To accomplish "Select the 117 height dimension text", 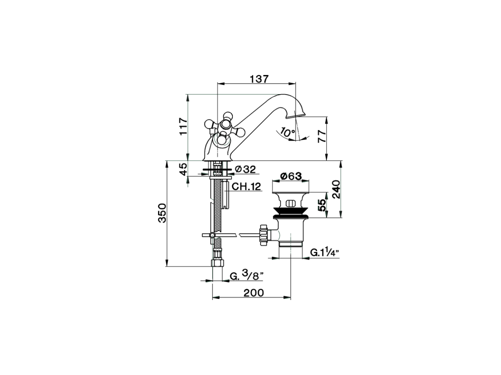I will (x=183, y=127).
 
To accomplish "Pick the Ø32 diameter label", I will (x=245, y=169).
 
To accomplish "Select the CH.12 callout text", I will (x=246, y=186).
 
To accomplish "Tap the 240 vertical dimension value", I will (x=336, y=189).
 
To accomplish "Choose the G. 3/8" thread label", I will (x=246, y=276).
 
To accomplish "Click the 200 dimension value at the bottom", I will (x=254, y=293).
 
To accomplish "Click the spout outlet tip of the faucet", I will (x=297, y=116).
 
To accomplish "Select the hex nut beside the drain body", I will (x=263, y=235).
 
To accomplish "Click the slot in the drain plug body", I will (x=291, y=203).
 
